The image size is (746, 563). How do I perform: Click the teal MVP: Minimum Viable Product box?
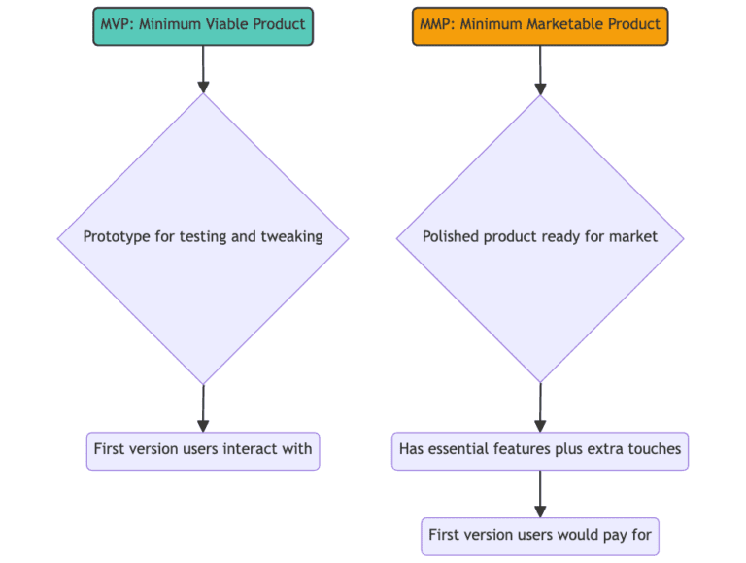click(203, 24)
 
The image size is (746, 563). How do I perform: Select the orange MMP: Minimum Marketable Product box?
click(540, 24)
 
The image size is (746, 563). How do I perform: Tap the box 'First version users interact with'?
click(203, 449)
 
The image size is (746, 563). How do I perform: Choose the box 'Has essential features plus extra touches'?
click(540, 449)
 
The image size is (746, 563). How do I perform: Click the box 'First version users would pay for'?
click(540, 535)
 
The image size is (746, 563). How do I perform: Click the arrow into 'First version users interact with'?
click(203, 408)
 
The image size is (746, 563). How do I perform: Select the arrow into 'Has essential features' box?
click(540, 408)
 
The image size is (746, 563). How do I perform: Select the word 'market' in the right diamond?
click(634, 236)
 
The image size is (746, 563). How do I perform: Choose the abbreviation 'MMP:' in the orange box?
click(437, 24)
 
